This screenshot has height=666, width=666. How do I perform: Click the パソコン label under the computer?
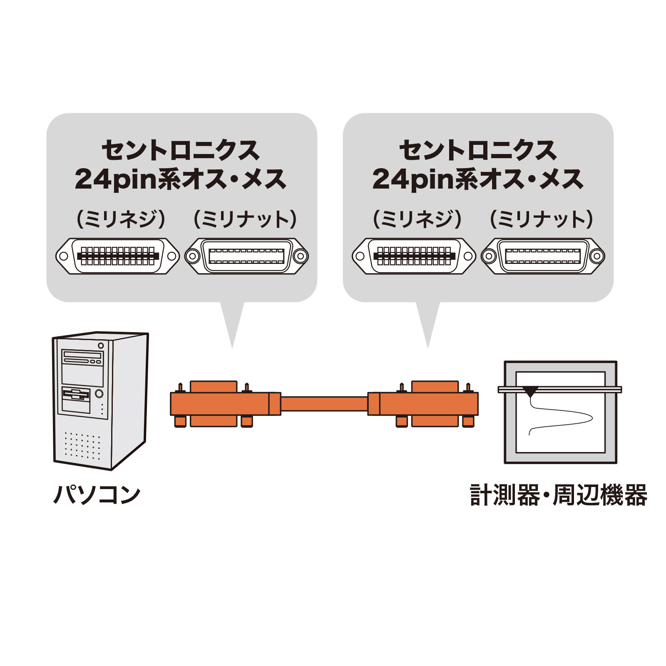[97, 495]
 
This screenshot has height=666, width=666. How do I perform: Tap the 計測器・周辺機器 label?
[558, 495]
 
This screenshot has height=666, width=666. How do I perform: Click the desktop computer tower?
[100, 400]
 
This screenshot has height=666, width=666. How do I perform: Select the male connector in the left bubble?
[118, 256]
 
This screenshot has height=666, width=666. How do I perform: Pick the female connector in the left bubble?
[246, 256]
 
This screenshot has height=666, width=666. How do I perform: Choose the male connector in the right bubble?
[414, 256]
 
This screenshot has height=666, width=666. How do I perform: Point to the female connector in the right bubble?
[543, 256]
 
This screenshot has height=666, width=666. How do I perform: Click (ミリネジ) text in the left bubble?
[121, 219]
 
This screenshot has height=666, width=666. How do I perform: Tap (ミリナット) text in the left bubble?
[246, 219]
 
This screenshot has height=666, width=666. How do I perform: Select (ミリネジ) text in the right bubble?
[417, 219]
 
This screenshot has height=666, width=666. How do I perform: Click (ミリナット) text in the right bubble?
[542, 219]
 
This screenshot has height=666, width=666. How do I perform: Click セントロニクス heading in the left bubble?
[181, 150]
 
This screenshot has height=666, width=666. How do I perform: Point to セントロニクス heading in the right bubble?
[478, 150]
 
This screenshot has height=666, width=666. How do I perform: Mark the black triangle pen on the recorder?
[530, 391]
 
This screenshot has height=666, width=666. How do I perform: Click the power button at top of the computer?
[101, 345]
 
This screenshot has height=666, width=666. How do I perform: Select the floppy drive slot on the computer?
[76, 393]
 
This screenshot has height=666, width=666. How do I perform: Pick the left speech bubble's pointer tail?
[232, 325]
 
